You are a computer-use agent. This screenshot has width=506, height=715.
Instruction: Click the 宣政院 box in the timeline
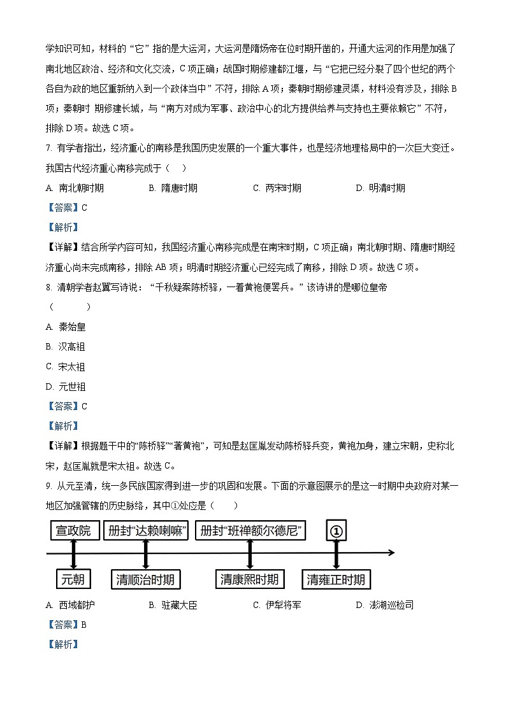tap(72, 530)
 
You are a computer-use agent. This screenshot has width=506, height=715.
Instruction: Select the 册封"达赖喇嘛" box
tap(147, 530)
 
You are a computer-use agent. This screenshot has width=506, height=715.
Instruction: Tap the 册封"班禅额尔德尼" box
tap(250, 530)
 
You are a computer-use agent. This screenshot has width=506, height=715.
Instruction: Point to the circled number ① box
tap(336, 530)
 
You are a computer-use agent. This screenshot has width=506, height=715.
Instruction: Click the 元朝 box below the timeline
tap(73, 579)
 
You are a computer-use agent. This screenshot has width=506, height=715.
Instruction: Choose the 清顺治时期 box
tap(145, 579)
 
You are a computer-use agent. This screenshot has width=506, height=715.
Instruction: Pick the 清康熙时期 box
tap(249, 579)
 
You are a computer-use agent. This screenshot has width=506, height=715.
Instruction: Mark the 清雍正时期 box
tap(336, 579)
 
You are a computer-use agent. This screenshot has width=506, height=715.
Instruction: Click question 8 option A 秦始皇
tap(66, 327)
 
